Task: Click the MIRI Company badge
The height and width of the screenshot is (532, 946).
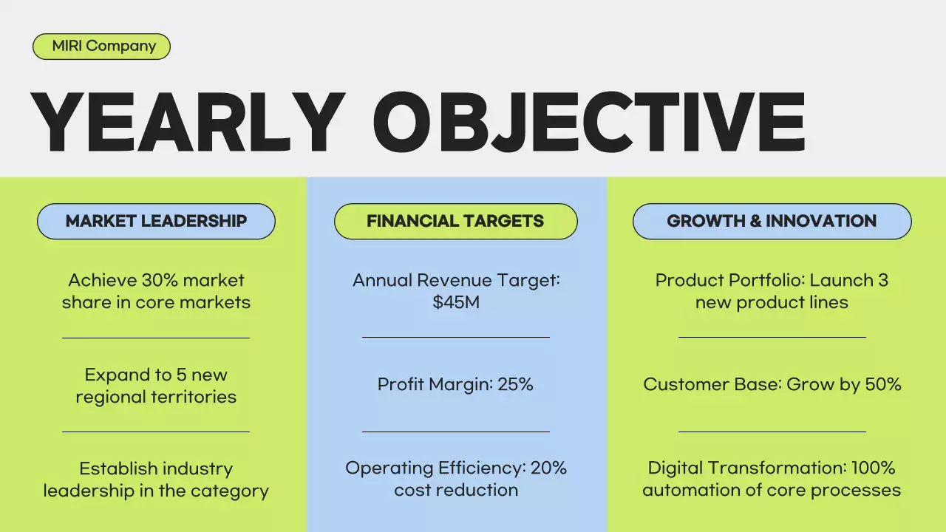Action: [x=102, y=46]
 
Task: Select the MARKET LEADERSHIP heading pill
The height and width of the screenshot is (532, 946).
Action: [x=156, y=221]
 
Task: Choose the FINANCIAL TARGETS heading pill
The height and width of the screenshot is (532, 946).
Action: [x=455, y=221]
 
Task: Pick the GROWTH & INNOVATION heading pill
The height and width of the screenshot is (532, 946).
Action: [x=772, y=221]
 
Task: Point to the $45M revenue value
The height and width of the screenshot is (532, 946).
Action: [x=456, y=303]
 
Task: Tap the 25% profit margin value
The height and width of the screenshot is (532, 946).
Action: [x=515, y=385]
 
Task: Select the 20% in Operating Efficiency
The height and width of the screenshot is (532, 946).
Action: [x=548, y=468]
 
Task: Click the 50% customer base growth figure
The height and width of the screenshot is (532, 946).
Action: [x=882, y=385]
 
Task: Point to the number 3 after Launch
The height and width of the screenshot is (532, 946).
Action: [x=883, y=281]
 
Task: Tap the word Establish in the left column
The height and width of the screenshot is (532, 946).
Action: [x=117, y=468]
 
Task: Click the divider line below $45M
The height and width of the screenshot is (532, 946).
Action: [x=455, y=337]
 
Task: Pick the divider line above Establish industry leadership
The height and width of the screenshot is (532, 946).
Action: [x=156, y=432]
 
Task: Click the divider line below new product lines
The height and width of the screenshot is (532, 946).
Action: [x=772, y=337]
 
